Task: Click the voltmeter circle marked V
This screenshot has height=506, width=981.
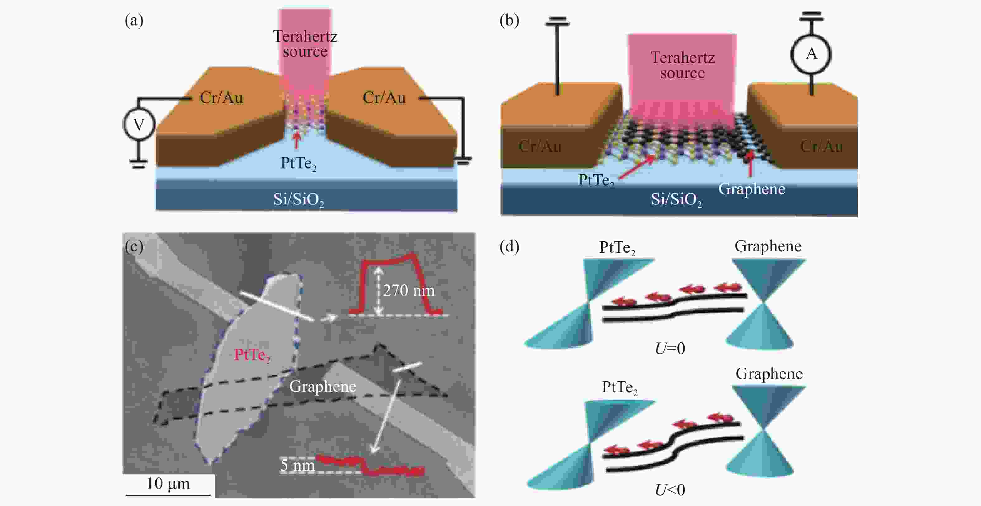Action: pos(139,124)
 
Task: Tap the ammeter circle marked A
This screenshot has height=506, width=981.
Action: pos(811,54)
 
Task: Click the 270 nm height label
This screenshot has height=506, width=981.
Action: pos(409,291)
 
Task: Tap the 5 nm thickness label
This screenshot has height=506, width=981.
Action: pos(297,465)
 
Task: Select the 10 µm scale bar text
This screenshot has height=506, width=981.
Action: pos(168,484)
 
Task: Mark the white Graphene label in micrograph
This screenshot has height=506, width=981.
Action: pos(323,387)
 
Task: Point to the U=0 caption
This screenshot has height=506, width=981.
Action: pos(670,348)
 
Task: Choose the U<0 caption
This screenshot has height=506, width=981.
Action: pos(670,490)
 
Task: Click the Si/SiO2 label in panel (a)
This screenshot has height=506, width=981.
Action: pos(299,199)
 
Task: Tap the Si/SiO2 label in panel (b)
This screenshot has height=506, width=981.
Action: pos(676,199)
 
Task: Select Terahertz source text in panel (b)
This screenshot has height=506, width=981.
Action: pos(682,65)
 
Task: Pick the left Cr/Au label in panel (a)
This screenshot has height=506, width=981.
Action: pos(221,98)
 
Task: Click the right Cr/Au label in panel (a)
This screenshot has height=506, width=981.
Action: pos(384,98)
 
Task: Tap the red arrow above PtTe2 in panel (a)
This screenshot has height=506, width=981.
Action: pos(296,139)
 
